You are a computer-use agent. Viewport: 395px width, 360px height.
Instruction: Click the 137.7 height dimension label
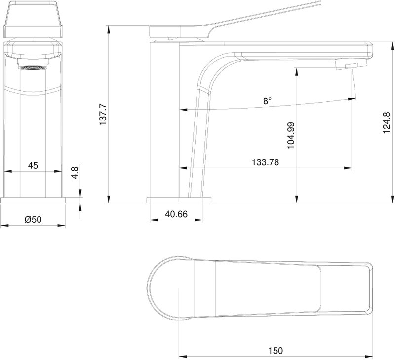103,115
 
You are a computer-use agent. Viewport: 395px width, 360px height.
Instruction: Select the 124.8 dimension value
387,122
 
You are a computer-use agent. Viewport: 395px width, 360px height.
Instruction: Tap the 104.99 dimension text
291,135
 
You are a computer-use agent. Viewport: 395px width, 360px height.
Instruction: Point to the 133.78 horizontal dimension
265,162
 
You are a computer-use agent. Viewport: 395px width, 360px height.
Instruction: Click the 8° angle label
268,101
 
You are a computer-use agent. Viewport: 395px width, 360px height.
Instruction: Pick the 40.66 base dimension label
176,214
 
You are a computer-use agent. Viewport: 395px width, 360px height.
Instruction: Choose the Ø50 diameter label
33,219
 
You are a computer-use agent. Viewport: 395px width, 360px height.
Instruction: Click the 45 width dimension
33,165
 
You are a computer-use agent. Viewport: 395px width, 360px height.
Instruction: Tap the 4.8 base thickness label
75,172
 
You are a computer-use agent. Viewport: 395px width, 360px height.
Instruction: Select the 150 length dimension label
276,351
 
